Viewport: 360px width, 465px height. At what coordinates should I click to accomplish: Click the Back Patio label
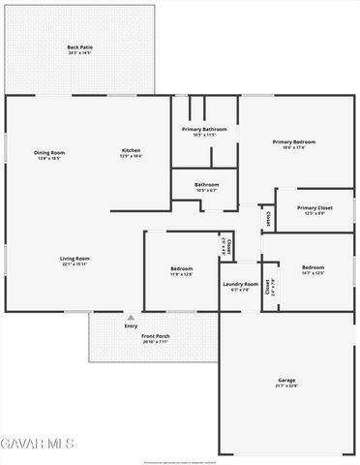click(79, 46)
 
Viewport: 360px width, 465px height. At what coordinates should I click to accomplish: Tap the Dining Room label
click(49, 151)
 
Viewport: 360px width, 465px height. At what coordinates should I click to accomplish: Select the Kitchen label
click(132, 150)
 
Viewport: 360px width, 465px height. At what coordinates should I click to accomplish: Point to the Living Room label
click(75, 258)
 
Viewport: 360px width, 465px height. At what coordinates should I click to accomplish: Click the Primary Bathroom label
click(204, 129)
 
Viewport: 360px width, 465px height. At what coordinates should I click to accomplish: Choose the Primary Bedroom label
click(293, 141)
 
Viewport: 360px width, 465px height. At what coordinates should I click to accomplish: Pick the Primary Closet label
click(315, 207)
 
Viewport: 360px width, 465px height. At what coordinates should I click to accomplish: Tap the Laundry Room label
click(240, 284)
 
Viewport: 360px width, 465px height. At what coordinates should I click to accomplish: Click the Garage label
click(287, 380)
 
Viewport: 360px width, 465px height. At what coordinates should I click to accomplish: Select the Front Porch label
click(130, 336)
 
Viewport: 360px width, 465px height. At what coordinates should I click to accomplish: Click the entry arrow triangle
click(130, 317)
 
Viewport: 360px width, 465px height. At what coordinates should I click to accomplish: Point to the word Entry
click(131, 325)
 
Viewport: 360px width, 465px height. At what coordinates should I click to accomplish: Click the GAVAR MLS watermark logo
click(38, 443)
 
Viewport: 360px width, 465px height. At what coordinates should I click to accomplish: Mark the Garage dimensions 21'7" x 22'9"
click(287, 386)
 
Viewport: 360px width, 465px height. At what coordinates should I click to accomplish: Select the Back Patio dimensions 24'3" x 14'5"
click(79, 52)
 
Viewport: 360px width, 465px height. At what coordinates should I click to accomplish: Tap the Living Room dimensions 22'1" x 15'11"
click(75, 264)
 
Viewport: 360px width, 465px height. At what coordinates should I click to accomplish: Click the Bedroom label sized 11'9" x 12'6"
click(182, 268)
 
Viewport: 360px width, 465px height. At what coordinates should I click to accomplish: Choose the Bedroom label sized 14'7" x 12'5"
click(312, 267)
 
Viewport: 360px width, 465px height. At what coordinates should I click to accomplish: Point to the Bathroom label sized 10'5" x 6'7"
click(206, 184)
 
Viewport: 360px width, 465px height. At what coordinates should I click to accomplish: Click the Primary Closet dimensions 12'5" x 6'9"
click(315, 214)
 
